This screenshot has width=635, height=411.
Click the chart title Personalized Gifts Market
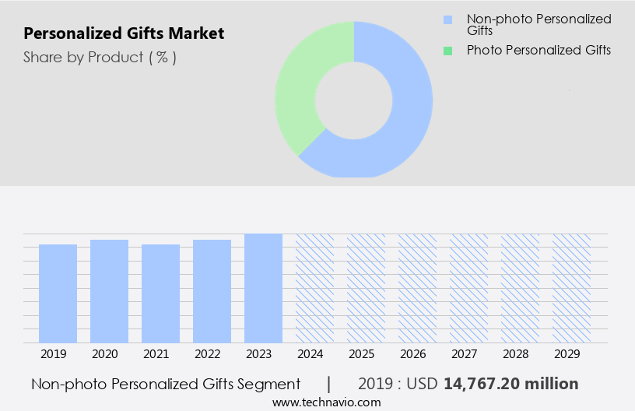tap(124, 33)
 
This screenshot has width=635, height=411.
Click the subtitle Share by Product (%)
tap(100, 57)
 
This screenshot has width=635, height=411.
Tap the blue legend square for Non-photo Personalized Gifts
tap(447, 19)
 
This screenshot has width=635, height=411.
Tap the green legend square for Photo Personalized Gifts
tap(447, 51)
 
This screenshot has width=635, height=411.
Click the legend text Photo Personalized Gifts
tap(539, 51)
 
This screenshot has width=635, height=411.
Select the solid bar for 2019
tap(58, 293)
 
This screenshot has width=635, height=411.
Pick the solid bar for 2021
tap(160, 293)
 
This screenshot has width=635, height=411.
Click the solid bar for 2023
tap(263, 288)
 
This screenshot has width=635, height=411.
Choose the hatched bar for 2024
tap(314, 288)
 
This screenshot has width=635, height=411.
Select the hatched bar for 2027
tap(468, 288)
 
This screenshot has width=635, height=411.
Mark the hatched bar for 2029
tap(571, 288)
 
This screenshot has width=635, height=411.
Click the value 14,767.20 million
tap(510, 384)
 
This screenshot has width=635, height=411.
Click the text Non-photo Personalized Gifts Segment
tap(166, 384)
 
